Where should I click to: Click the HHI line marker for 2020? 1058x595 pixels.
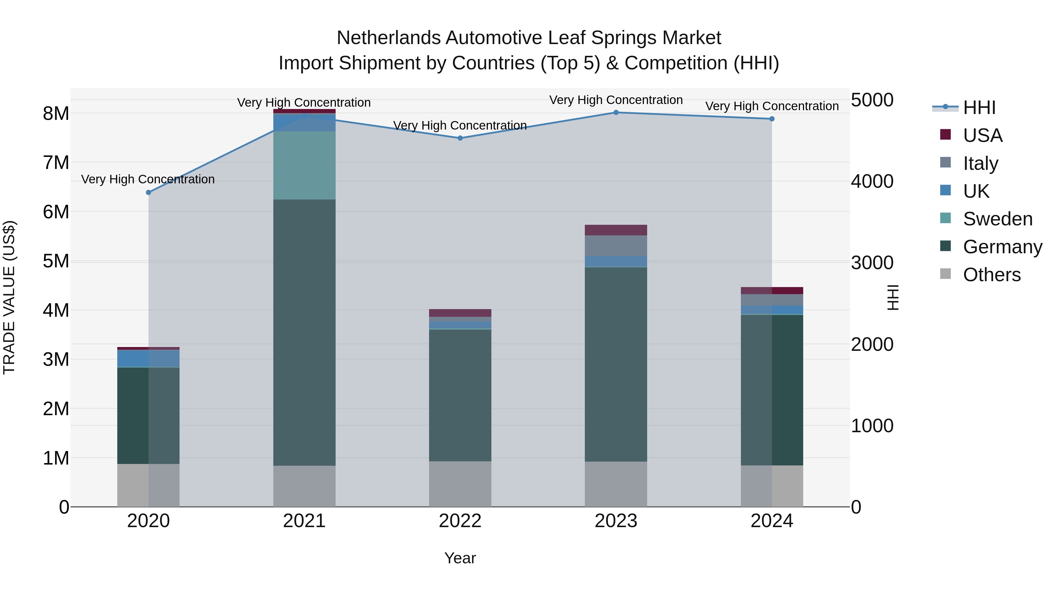click(149, 192)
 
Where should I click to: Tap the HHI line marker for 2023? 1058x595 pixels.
click(616, 113)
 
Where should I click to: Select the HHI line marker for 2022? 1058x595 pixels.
click(460, 138)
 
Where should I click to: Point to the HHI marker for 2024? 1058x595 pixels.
click(772, 119)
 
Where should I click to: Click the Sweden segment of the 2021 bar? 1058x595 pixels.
click(304, 165)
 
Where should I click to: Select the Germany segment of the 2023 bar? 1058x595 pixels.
click(616, 364)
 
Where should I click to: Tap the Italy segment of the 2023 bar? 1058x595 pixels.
click(616, 246)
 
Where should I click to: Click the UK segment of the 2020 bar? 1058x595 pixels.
click(148, 358)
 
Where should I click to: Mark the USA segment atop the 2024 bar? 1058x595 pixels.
click(772, 290)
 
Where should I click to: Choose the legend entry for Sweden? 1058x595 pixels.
click(997, 219)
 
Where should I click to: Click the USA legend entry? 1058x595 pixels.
click(982, 135)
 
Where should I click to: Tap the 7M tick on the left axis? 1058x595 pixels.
click(56, 162)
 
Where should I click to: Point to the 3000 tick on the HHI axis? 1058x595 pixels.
click(872, 263)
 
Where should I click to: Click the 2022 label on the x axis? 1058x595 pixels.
click(460, 521)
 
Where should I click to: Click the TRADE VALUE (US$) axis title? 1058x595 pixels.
click(9, 297)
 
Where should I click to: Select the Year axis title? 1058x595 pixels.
click(460, 558)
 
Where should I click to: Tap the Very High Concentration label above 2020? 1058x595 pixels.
click(148, 180)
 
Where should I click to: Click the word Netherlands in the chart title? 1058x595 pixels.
click(389, 38)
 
